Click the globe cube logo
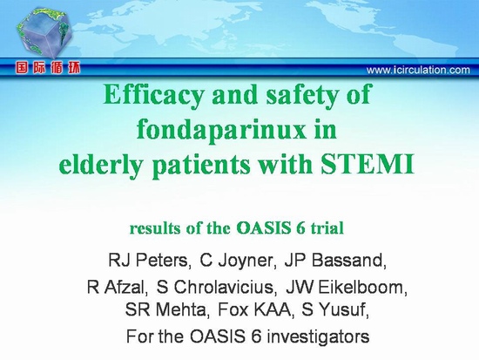click(x=45, y=33)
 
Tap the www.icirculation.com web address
click(x=418, y=70)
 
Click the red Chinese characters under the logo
click(x=48, y=68)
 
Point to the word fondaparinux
click(x=221, y=130)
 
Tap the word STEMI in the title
click(x=368, y=164)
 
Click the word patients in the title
click(x=200, y=166)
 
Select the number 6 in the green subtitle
click(x=300, y=228)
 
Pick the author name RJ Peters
click(x=148, y=261)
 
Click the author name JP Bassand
click(x=334, y=261)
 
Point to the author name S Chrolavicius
click(x=215, y=288)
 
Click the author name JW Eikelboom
click(x=345, y=288)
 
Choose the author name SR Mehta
click(x=165, y=310)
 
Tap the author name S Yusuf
click(x=333, y=310)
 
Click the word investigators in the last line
click(x=318, y=336)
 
